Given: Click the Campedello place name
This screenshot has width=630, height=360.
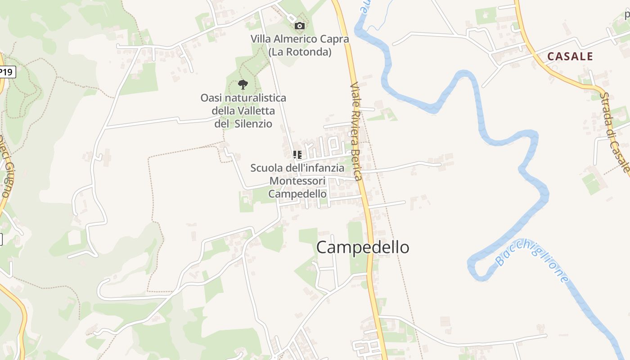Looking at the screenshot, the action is coord(363,247).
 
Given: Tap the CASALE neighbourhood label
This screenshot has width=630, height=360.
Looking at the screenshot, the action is coord(570,56).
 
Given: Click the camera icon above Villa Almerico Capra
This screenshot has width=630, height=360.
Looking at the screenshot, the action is coord(299,26).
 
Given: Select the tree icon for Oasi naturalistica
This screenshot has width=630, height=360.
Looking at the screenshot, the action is coord(243,84).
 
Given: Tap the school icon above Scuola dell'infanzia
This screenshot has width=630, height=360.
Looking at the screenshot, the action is coord(297,155).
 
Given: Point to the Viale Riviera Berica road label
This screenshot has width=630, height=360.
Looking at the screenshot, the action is coord(356,130).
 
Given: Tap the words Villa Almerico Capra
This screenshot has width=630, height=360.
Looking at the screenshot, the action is coord(300,39).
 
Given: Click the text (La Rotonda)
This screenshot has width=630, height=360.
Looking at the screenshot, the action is coord(300,52).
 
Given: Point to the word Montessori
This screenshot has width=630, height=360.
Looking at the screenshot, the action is coord(297,181).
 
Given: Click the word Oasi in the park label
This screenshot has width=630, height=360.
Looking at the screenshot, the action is coord(211,98).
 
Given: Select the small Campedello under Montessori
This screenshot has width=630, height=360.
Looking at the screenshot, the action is coord(297,194).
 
